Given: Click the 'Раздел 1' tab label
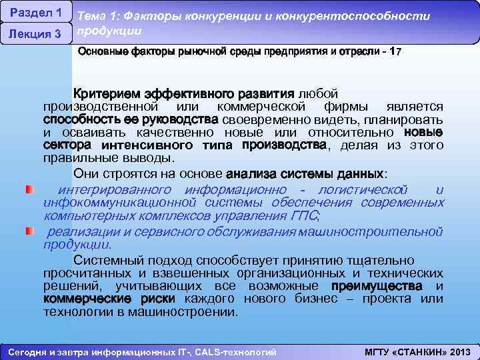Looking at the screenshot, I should (x=37, y=13).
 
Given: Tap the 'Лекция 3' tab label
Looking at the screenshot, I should (x=37, y=34).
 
